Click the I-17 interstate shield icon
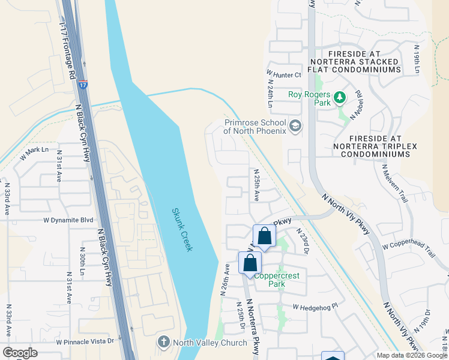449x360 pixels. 83,85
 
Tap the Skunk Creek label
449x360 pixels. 182,229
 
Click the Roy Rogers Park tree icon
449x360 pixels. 340,97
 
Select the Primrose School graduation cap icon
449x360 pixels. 295,126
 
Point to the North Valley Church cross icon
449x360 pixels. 163,343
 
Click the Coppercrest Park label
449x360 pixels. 277,280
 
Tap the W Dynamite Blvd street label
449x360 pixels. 68,220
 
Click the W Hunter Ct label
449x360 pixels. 283,75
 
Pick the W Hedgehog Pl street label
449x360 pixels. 316,307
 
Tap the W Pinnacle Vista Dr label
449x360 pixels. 85,341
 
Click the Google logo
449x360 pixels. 20,353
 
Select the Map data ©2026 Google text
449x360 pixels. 412,355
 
